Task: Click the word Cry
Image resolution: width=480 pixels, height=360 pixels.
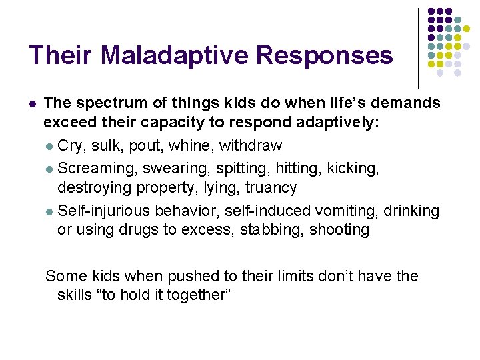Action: [x=69, y=145]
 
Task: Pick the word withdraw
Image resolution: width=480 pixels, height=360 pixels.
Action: [x=251, y=145]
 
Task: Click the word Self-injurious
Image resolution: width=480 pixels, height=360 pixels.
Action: [x=105, y=211]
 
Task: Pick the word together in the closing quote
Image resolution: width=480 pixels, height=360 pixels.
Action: [x=195, y=295]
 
